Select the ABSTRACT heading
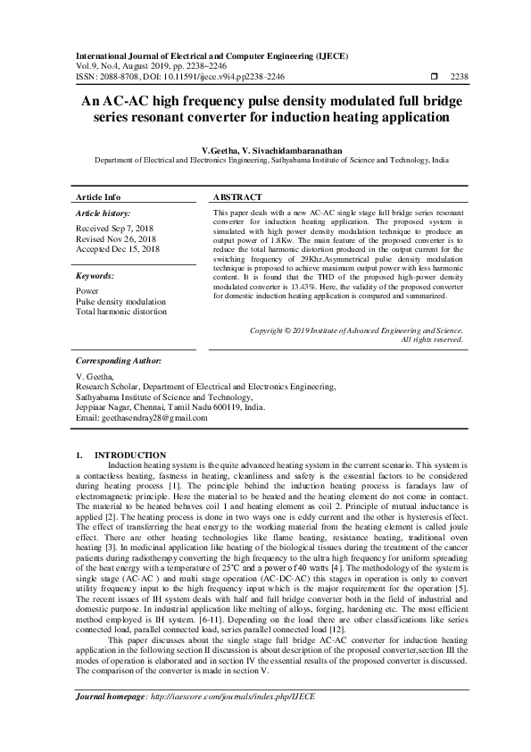click(238, 196)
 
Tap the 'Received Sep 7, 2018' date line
click(116, 230)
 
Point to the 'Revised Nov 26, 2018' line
click(117, 239)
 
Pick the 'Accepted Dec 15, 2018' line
click(119, 249)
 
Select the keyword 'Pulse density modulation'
click(121, 302)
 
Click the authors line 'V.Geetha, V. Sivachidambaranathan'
click(265, 153)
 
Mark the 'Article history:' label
click(103, 214)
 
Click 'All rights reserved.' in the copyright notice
click(432, 339)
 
